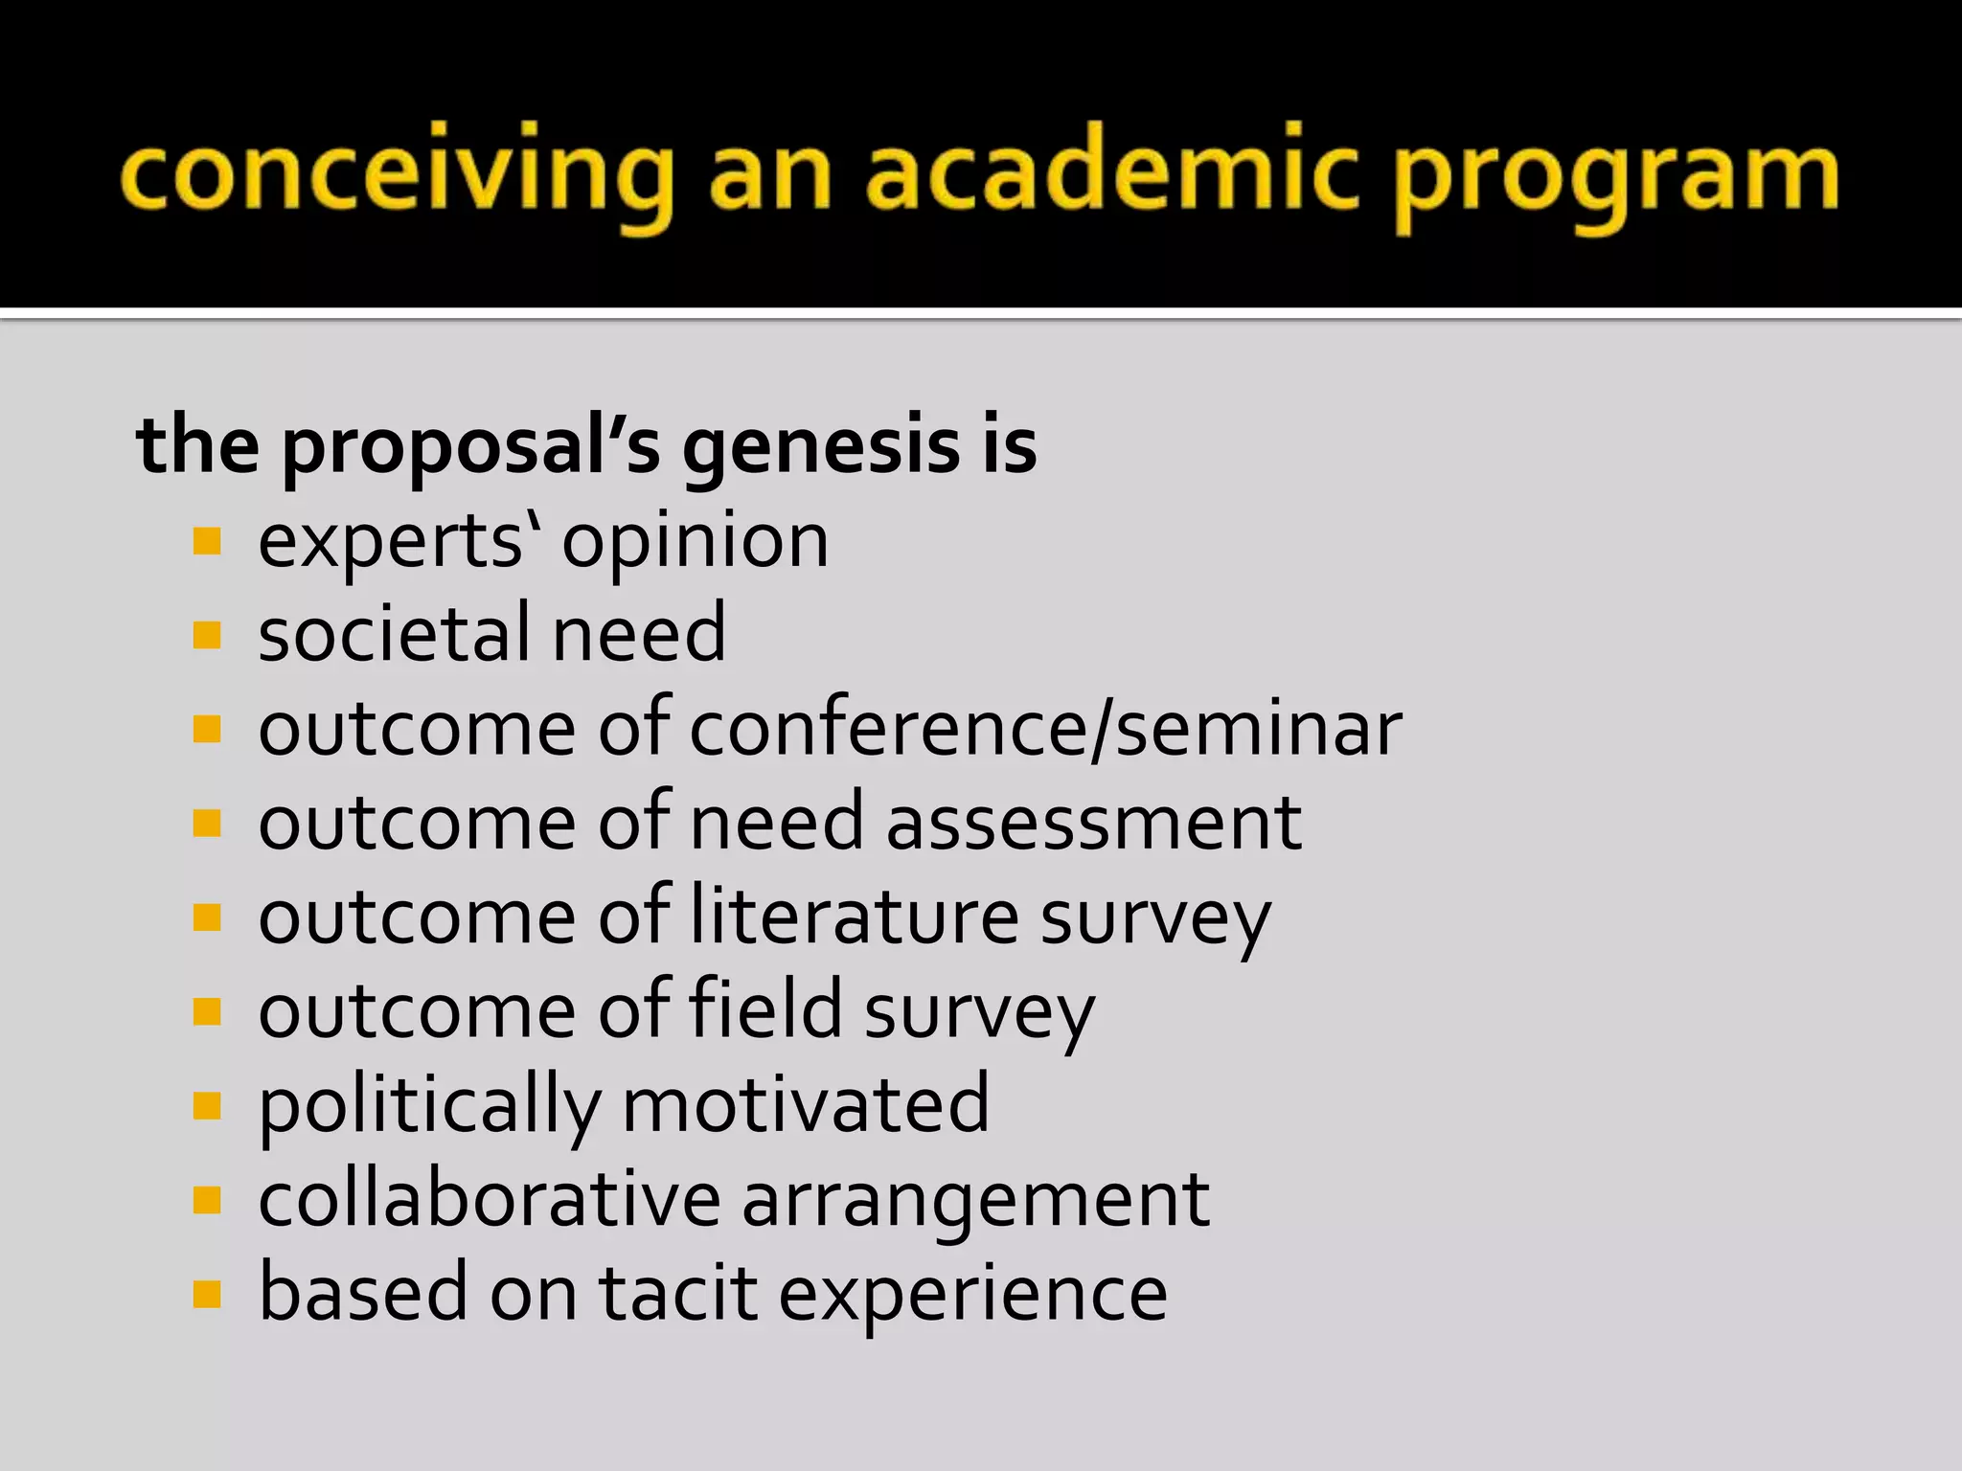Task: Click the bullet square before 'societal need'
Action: [x=207, y=635]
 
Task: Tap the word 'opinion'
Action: [x=695, y=542]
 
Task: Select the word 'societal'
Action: [x=393, y=633]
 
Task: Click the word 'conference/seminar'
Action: [x=1045, y=729]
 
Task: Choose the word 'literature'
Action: [x=855, y=917]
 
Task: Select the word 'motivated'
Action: [x=805, y=1104]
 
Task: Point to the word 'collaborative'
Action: [x=489, y=1198]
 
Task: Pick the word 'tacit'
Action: [x=678, y=1293]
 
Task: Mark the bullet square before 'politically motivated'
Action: [x=207, y=1106]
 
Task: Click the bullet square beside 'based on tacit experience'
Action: [x=207, y=1294]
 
